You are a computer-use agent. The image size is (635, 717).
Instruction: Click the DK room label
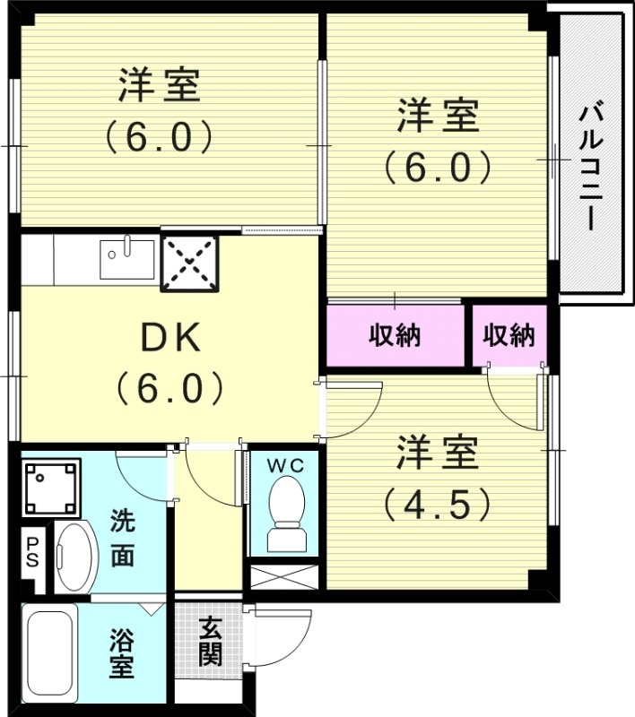(168, 338)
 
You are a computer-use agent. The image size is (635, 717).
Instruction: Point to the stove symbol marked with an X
(189, 263)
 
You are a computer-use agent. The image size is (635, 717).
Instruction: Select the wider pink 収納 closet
(397, 336)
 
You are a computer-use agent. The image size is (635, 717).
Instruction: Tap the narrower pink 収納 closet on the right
(509, 336)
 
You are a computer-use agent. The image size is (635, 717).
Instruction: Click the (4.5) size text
(437, 504)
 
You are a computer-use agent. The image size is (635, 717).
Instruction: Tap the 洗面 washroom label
(123, 538)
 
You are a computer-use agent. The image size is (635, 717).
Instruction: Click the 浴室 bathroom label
(123, 654)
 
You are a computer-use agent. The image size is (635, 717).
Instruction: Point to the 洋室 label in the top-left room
(159, 87)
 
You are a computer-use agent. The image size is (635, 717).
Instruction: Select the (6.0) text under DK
(168, 388)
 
